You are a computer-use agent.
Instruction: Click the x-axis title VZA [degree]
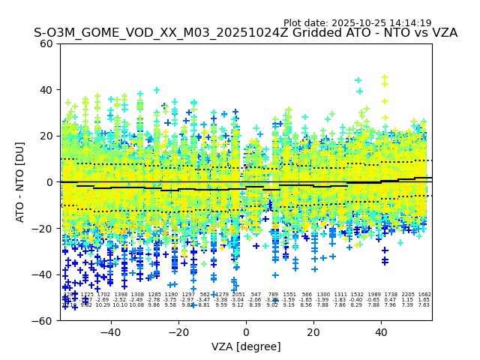[x=246, y=346]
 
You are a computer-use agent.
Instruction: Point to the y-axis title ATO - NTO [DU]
[x=21, y=182]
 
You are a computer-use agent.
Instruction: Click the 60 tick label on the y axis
[x=46, y=43]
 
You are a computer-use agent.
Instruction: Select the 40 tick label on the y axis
[x=46, y=90]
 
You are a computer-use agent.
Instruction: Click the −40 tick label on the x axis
[x=110, y=332]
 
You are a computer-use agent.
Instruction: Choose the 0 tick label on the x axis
[x=246, y=332]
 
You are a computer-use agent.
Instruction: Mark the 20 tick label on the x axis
[x=313, y=332]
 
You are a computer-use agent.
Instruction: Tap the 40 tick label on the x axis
[x=382, y=332]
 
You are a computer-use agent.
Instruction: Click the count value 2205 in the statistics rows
[x=408, y=295]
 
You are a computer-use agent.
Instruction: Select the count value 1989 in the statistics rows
[x=373, y=295]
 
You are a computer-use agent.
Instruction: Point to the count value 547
[x=256, y=295]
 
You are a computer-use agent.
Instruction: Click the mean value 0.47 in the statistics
[x=391, y=300]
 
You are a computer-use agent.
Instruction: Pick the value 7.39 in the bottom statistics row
[x=407, y=305]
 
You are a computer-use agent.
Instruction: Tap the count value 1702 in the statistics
[x=103, y=295]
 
